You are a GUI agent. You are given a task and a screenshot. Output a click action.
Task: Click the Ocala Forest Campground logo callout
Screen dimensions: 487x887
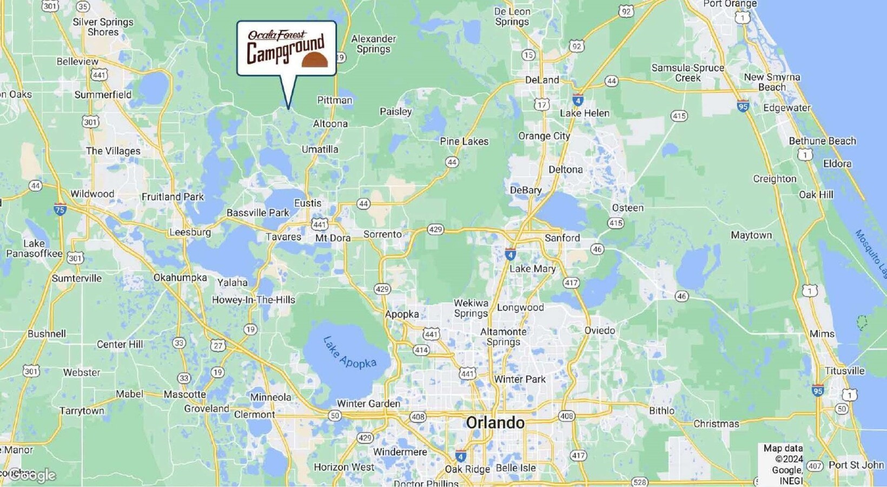coord(287,49)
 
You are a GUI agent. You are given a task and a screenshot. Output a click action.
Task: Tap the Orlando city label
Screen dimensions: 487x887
coord(495,423)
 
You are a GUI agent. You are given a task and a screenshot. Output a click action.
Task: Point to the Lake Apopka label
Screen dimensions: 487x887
coord(349,353)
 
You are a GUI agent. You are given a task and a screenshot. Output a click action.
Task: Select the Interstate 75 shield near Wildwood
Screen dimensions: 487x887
coord(60,209)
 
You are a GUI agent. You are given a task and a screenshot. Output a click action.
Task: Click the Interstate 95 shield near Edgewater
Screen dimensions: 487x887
coord(743,106)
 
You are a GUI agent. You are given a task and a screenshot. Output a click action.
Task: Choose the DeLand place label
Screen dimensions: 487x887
coord(542,80)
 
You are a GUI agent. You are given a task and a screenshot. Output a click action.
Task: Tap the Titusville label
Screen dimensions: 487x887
coord(844,371)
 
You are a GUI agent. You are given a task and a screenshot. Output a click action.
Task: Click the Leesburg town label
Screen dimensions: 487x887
coord(190,232)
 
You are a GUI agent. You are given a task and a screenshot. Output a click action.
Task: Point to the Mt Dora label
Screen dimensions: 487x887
coord(333,238)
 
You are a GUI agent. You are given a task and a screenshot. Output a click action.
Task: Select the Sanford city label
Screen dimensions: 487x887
coord(562,238)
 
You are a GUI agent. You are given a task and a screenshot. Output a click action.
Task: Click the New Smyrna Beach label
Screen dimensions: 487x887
coord(772,82)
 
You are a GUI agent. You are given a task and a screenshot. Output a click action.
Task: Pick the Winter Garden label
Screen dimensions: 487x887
coord(368,403)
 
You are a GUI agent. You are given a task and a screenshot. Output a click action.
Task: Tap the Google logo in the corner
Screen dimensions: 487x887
coord(32,475)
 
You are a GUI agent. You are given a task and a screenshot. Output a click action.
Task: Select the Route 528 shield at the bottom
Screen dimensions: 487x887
coord(639,482)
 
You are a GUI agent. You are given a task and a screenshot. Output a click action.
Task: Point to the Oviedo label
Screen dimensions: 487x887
coord(599,330)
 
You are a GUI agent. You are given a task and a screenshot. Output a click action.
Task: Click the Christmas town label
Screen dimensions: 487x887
coord(716,424)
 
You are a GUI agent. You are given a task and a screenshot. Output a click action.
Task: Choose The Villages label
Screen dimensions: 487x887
coord(113,151)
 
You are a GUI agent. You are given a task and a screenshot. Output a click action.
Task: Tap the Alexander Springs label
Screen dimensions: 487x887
coord(373,44)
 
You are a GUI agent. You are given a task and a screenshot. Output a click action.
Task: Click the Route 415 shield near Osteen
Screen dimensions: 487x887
coord(615,223)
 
